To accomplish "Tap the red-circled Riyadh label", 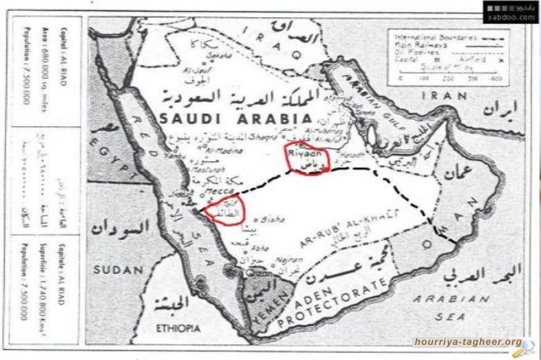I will (x=305, y=158).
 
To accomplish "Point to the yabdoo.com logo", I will (x=509, y=12).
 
